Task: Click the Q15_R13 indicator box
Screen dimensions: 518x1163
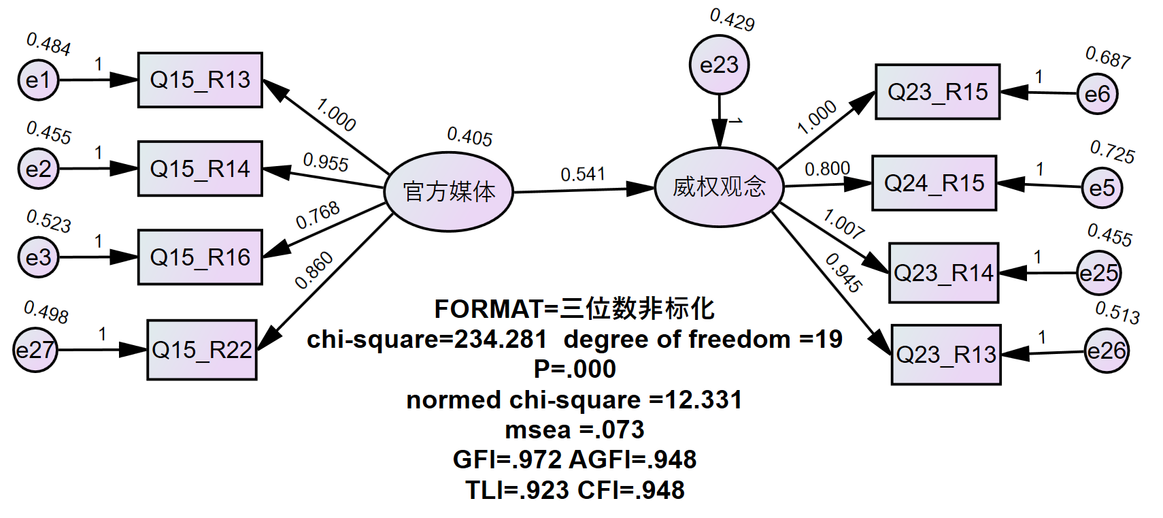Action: [x=200, y=80]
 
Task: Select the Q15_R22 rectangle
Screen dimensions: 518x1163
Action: [x=202, y=350]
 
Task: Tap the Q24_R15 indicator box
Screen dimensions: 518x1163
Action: [x=934, y=182]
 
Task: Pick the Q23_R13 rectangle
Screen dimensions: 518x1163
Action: [x=946, y=354]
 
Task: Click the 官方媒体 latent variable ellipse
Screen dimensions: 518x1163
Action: [x=449, y=192]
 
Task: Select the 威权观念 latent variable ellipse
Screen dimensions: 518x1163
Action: [x=719, y=187]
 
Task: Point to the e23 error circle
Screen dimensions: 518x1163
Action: [x=719, y=65]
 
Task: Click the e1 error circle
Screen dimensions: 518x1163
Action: [x=38, y=80]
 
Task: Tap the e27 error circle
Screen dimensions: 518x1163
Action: [x=35, y=351]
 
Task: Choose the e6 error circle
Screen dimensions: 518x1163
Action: [x=1097, y=94]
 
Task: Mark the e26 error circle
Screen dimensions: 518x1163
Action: [x=1106, y=351]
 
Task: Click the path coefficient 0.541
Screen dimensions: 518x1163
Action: [x=583, y=174]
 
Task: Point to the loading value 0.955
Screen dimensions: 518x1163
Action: [x=325, y=162]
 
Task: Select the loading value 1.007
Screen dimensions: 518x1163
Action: [x=843, y=224]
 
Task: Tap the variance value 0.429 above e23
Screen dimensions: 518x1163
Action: [x=732, y=20]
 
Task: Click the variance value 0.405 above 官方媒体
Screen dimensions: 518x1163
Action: [x=469, y=136]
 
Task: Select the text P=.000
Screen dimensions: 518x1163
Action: [x=575, y=369]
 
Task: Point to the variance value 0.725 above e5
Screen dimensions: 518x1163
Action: [x=1112, y=152]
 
